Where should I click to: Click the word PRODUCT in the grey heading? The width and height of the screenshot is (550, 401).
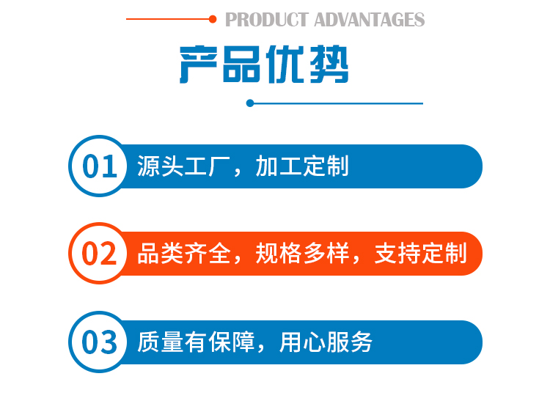267,20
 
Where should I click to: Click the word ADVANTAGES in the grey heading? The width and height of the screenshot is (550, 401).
370,20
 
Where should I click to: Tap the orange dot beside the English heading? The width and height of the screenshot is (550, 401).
213,19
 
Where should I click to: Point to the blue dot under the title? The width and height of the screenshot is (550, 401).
250,103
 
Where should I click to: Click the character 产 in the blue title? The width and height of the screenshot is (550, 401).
199,65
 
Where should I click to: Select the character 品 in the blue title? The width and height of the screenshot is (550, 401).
241,65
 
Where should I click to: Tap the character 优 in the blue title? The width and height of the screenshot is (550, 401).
285,65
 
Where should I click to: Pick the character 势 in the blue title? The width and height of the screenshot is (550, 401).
329,65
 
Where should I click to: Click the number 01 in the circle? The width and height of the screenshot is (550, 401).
100,166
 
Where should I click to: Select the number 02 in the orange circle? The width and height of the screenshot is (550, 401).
99,254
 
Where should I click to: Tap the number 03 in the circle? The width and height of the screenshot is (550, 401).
99,342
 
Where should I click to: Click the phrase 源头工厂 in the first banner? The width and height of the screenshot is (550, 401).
183,166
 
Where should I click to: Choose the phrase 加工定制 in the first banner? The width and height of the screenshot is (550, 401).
302,166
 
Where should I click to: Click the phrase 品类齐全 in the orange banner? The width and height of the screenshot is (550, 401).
184,253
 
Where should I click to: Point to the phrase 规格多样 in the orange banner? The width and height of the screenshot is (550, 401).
302,253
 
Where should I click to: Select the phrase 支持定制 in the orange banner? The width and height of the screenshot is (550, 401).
421,253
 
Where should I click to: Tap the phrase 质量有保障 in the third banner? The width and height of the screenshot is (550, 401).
196,342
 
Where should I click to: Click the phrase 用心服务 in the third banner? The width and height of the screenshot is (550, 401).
326,342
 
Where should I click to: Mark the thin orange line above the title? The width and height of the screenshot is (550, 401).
168,19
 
